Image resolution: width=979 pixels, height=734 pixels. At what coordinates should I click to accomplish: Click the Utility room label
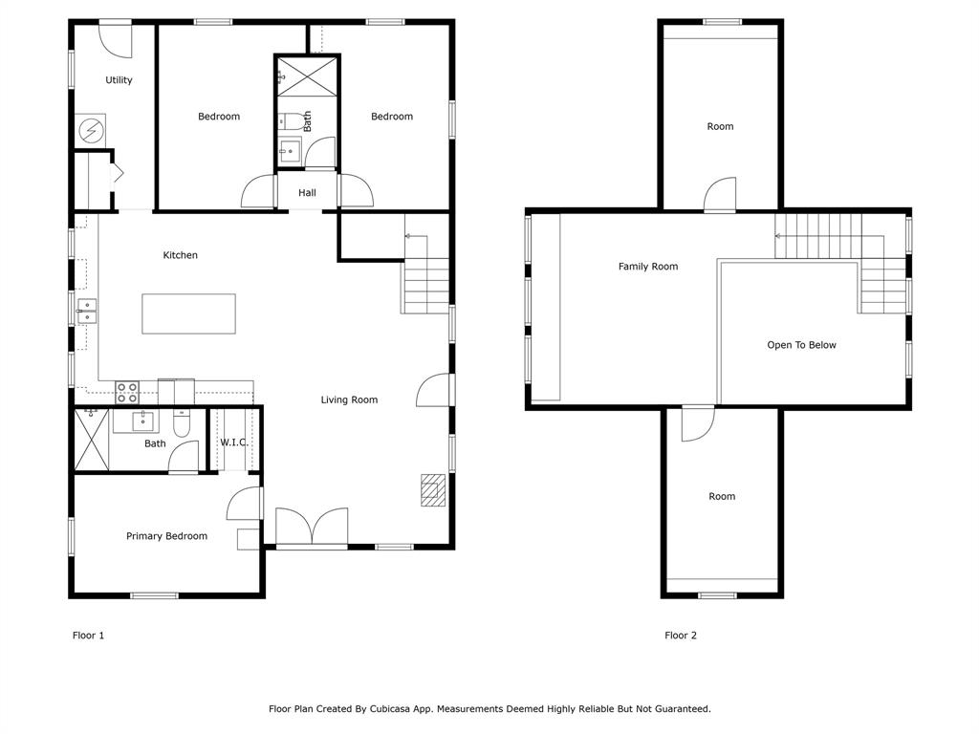click(x=119, y=80)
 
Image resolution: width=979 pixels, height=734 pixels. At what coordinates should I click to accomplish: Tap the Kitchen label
click(x=180, y=255)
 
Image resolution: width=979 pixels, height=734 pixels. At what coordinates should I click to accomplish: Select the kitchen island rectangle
click(x=188, y=313)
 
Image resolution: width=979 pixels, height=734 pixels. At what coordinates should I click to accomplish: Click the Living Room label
click(x=349, y=400)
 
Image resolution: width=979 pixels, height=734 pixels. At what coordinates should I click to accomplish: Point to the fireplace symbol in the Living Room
click(x=433, y=489)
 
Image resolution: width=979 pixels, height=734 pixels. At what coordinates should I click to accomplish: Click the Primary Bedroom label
click(x=166, y=536)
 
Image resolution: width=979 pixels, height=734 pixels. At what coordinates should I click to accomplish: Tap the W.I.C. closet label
click(x=233, y=443)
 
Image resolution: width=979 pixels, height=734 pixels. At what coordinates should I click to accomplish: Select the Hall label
click(x=307, y=193)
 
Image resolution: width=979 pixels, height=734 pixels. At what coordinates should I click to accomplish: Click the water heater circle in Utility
click(x=91, y=129)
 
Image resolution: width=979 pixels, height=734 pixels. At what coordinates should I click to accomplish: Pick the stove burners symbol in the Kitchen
click(x=127, y=391)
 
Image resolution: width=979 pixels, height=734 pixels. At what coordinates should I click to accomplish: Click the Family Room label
click(x=648, y=267)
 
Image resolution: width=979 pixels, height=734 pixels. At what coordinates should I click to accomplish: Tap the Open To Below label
click(x=801, y=345)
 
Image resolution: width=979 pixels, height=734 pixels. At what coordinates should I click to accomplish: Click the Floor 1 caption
click(x=88, y=636)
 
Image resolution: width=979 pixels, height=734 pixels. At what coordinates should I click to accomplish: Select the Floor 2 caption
click(x=681, y=636)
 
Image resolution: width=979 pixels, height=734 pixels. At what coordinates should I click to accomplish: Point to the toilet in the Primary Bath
click(x=182, y=421)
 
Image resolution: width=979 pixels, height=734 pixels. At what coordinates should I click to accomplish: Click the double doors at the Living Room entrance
click(x=312, y=528)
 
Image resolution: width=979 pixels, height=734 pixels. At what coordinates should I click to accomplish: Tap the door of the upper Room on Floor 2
click(x=721, y=195)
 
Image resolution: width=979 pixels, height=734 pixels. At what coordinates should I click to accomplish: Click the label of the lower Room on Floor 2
click(x=722, y=496)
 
